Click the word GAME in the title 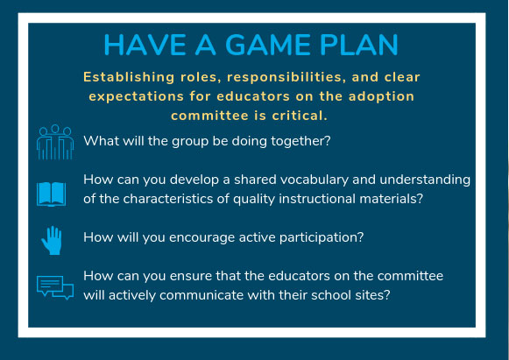(268, 45)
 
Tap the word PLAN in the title (359, 45)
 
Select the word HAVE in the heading (145, 45)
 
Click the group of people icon (55, 142)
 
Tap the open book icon (52, 194)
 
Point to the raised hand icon (52, 240)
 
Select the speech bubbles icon (55, 287)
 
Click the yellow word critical (300, 116)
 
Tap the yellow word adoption (381, 96)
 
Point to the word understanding (425, 180)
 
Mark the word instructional (317, 199)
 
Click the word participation (322, 237)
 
